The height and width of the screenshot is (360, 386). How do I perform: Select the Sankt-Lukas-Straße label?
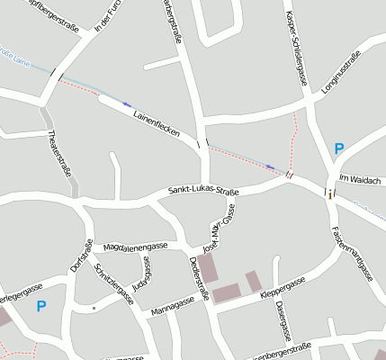(203, 192)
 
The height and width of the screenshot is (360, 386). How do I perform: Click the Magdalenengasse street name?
(136, 246)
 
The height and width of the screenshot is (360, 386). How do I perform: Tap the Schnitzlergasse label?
(115, 284)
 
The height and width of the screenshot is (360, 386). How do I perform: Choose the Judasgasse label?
(139, 274)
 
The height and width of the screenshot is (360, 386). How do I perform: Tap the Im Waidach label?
(361, 180)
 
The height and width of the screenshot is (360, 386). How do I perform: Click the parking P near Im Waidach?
(338, 149)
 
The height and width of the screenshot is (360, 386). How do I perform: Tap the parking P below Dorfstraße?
(40, 306)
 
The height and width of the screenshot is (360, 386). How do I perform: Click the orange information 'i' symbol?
(331, 193)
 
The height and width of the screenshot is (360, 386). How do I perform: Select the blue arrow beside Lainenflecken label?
(127, 103)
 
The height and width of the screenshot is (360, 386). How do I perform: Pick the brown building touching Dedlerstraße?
(207, 267)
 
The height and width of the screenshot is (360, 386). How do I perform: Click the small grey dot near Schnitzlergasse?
(94, 308)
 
